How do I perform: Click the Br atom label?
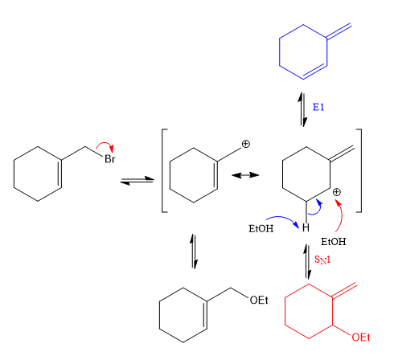coord(110,159)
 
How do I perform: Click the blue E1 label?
coord(318,107)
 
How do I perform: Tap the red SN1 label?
coord(322,260)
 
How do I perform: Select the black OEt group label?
coord(259,300)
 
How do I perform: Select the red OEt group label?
coord(361,337)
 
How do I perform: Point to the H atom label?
coord(306,227)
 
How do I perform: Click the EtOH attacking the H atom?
coord(261,229)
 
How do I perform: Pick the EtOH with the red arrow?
coord(334,242)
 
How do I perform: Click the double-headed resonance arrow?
coord(245,175)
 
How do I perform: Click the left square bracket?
coord(163,170)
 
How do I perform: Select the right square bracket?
coord(360,170)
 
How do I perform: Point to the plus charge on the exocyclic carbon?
coord(245,144)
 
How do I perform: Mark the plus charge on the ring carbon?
coord(337,192)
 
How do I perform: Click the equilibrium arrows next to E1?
coord(302,109)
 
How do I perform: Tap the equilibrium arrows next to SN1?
coord(307,262)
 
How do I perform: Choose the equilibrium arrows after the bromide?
coord(137,180)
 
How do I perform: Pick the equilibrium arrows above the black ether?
coord(194,252)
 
